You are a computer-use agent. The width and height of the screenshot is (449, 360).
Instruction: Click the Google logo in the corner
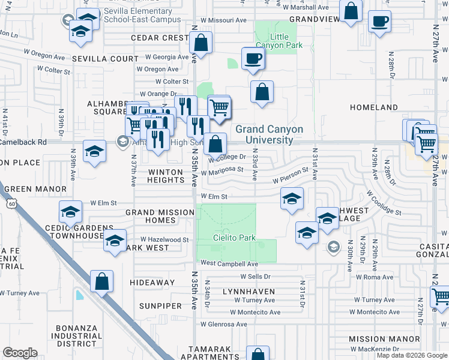click(20, 353)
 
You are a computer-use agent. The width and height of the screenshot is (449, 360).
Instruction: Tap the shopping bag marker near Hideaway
click(101, 281)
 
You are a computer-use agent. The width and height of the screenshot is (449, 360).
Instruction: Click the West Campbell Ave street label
click(229, 263)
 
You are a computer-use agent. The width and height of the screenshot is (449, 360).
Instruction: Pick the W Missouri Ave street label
click(224, 20)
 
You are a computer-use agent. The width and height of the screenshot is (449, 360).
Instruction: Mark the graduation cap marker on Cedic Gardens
click(70, 212)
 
